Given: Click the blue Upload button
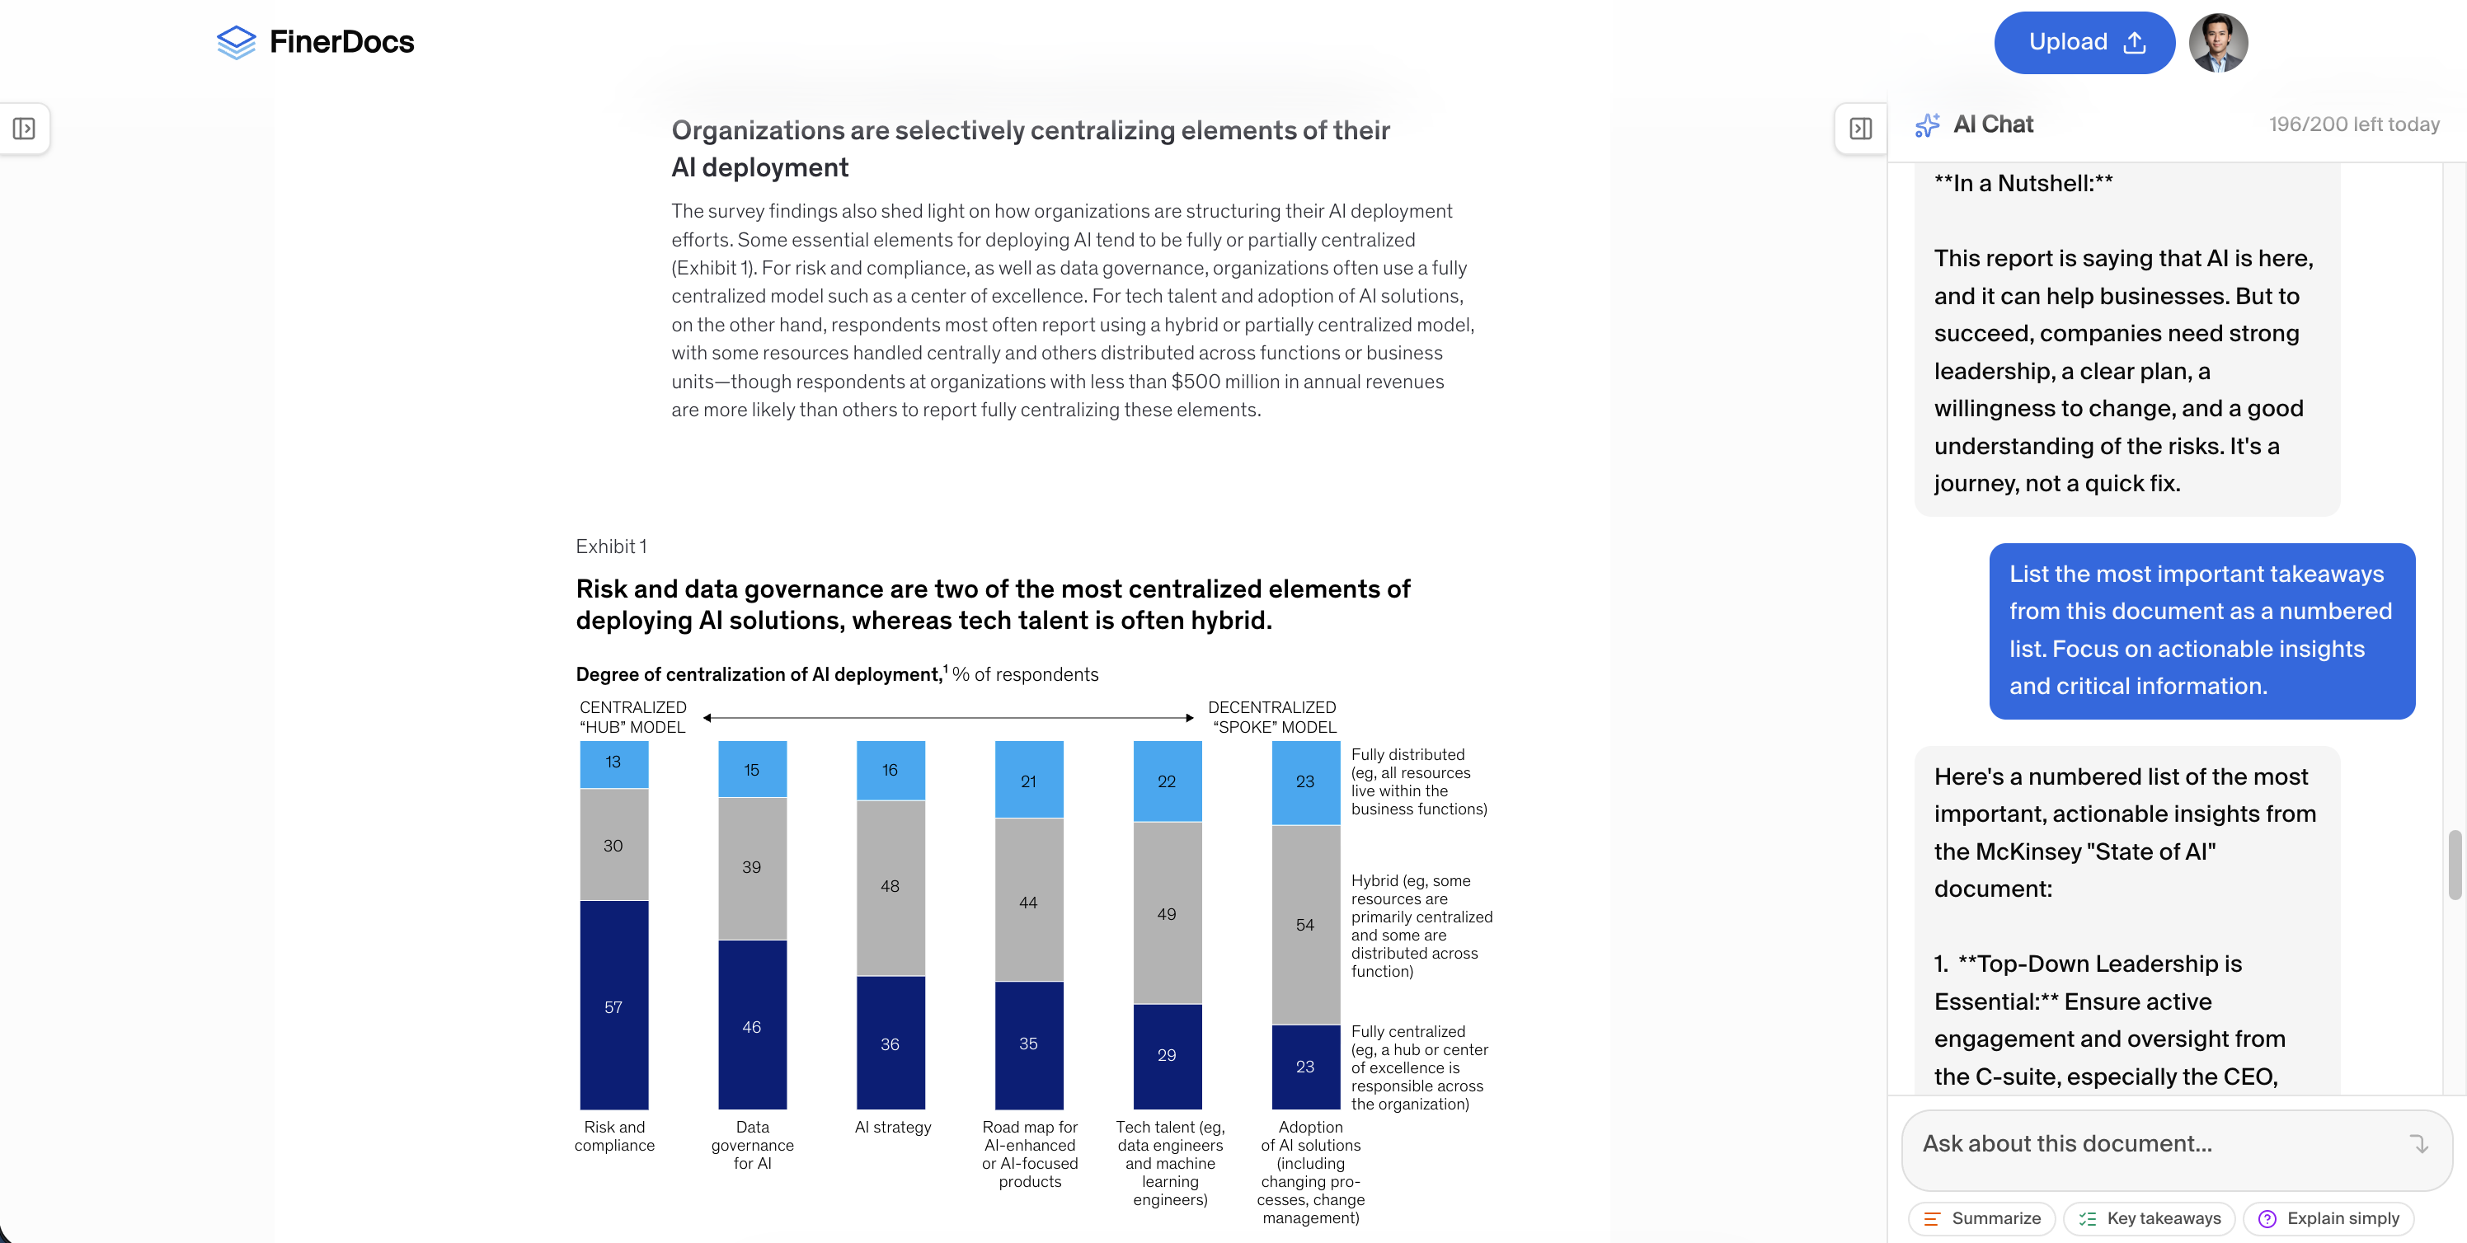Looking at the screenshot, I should coord(2083,43).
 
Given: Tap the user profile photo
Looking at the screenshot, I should coord(2217,43).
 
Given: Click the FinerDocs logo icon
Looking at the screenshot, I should coord(236,42).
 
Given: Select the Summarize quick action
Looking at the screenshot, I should coord(1981,1218).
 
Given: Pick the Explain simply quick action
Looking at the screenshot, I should coord(2328,1218).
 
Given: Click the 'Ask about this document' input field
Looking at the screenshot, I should coord(2155,1143).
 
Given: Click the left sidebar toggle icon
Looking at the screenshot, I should coord(24,129).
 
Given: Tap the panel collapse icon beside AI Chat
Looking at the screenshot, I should coord(1860,129).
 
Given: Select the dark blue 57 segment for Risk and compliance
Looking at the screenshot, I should coord(614,1006).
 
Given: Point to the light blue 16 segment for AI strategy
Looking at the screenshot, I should coord(890,770).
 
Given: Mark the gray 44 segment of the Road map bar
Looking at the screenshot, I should coord(1028,900).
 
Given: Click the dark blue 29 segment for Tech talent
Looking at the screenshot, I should coord(1167,1055).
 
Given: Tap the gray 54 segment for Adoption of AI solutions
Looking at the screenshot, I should coord(1305,925).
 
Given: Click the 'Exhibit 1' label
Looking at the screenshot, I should coord(611,546).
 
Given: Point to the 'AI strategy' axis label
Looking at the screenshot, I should coord(893,1127).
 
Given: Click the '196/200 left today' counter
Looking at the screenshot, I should coord(2353,124).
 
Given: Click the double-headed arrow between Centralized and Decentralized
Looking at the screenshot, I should coord(947,717).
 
